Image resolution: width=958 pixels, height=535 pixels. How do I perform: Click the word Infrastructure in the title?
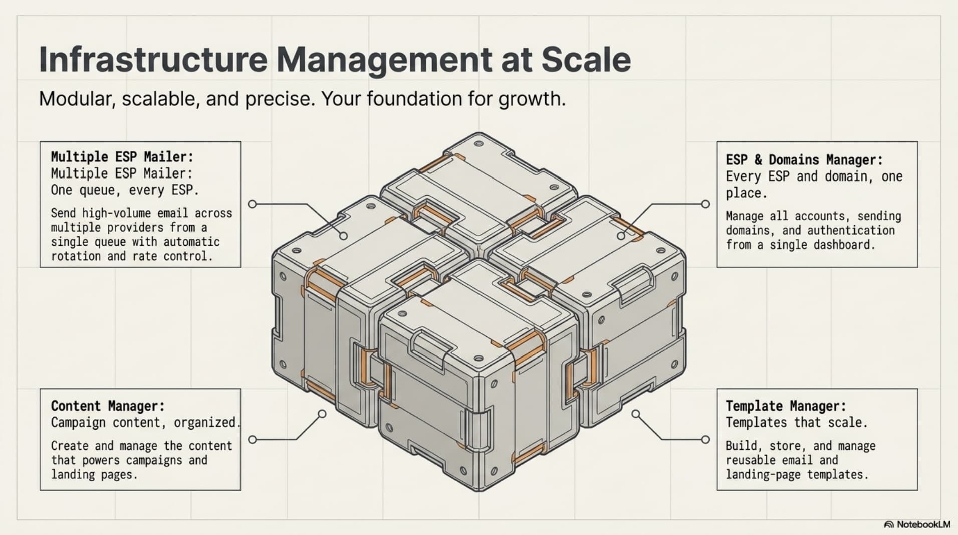(x=153, y=60)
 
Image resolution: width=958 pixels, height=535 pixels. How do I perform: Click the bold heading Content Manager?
(x=108, y=406)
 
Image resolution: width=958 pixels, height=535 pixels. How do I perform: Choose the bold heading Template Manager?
(x=786, y=406)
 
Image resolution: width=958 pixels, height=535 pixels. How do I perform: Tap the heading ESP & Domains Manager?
(x=804, y=160)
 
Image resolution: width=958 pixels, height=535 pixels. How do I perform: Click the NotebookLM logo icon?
(x=889, y=524)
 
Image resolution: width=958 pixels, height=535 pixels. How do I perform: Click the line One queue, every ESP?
(x=125, y=190)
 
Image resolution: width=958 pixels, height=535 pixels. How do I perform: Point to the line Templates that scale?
(x=797, y=422)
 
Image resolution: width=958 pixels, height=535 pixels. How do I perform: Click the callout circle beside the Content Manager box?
(x=253, y=439)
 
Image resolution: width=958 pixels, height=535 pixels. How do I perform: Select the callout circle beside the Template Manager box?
(x=705, y=439)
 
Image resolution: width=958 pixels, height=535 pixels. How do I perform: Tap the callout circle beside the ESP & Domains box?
(x=705, y=204)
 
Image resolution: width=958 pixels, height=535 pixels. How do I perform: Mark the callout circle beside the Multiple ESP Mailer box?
(x=253, y=204)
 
